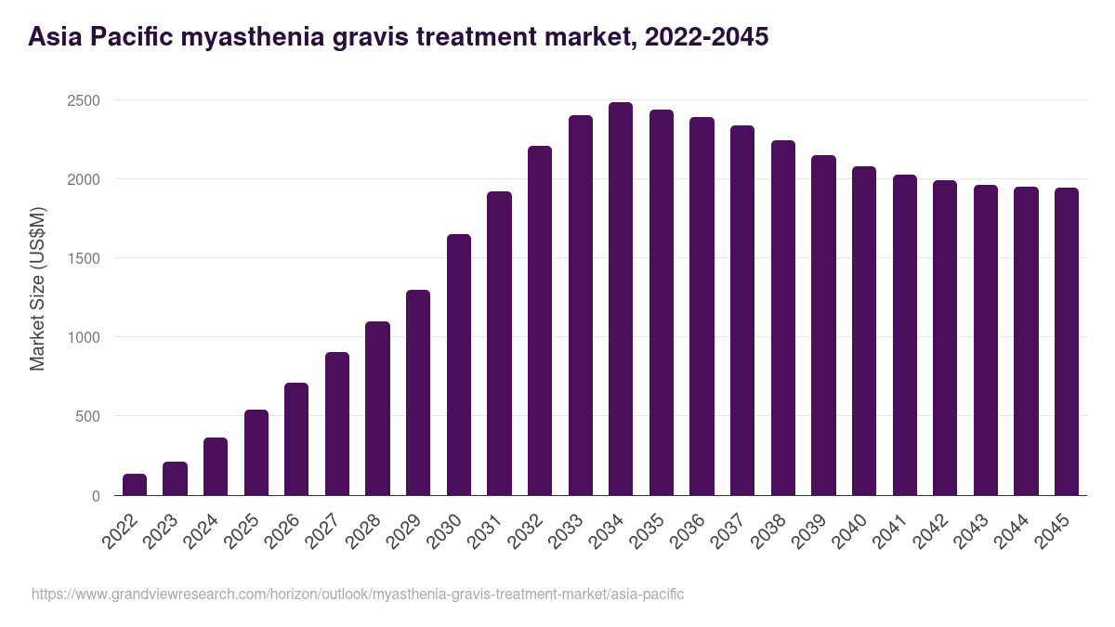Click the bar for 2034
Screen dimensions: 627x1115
pos(621,299)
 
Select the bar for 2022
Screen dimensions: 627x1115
pos(135,485)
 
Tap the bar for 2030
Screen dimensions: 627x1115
pos(459,365)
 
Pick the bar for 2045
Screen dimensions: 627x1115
pos(1067,342)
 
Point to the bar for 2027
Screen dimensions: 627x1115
pos(337,424)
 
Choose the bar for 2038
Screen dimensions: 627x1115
pos(783,318)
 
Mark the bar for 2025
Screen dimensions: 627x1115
pos(256,452)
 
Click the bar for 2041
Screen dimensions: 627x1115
pos(905,335)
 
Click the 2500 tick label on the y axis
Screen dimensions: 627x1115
pos(83,100)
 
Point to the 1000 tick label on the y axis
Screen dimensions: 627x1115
pos(83,337)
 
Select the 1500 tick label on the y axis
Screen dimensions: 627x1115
pos(83,258)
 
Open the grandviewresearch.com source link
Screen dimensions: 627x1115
pos(358,594)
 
